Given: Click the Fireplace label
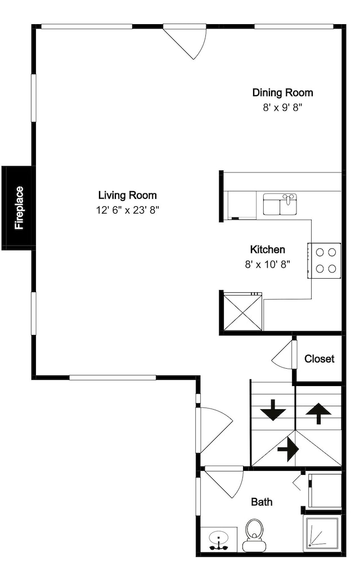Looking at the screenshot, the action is point(19,208).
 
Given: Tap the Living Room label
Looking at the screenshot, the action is point(128,196).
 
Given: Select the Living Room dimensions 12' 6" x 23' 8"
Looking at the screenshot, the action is point(127,210).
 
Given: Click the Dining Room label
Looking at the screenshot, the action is point(282,93).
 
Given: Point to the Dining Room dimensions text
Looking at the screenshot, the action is point(282,107).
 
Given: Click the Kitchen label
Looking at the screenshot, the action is point(268,250).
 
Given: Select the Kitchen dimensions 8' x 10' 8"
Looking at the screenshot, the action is point(268,265).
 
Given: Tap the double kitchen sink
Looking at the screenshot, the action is point(280,205).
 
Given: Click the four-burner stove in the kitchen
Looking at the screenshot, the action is point(325,260).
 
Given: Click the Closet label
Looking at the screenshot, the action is point(319,359).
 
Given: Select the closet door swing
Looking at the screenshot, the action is point(283,355).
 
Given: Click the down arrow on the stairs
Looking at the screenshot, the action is point(273,410).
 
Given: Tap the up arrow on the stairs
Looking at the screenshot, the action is point(318,413).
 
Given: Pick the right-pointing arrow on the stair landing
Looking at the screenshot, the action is point(288,448).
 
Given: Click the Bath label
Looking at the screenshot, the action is point(262,502).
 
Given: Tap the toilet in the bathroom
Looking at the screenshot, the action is point(254,535).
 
